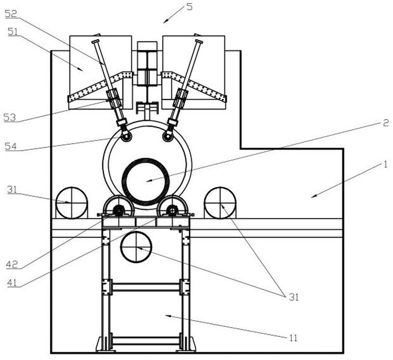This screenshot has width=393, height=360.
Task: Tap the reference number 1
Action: (385, 164)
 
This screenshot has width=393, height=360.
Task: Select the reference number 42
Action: (12, 265)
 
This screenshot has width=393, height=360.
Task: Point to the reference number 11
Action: (293, 338)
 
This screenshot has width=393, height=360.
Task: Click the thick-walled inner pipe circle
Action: (146, 181)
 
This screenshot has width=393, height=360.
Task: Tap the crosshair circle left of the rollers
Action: (72, 202)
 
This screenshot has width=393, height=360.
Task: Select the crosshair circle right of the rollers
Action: (220, 202)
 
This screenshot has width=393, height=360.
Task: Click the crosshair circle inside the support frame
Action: (137, 247)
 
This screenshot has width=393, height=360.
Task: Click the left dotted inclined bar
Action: (101, 87)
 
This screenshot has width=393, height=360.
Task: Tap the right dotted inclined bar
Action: (194, 87)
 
